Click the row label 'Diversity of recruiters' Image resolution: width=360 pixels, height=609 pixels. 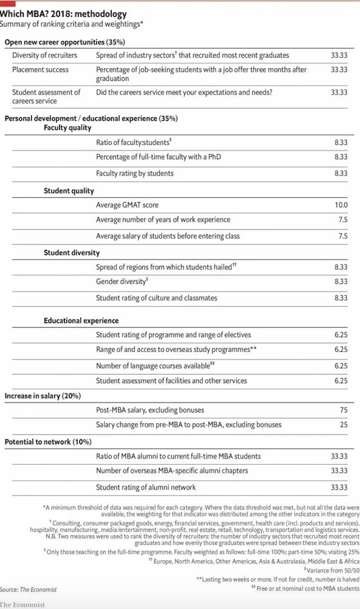(x=44, y=55)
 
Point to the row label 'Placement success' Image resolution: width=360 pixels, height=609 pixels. (x=40, y=70)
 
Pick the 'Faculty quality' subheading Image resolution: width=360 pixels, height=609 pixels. (x=68, y=128)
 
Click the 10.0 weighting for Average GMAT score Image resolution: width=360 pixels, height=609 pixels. (x=341, y=205)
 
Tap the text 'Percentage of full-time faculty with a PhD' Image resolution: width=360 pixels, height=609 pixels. (x=158, y=157)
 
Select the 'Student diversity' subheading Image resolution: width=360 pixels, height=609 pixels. (x=72, y=253)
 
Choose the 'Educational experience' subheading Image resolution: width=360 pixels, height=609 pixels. (x=81, y=321)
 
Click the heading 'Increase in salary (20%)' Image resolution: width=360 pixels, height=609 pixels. (x=42, y=396)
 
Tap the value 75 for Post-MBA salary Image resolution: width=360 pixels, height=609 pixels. (x=343, y=410)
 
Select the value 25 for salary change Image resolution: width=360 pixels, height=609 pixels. (x=343, y=425)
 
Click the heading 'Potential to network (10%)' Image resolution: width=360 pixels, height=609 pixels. (x=48, y=442)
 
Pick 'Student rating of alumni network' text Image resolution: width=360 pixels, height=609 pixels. (x=146, y=487)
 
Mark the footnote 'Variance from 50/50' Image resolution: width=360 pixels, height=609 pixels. (x=332, y=571)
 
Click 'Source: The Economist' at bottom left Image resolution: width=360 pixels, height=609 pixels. (x=28, y=589)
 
